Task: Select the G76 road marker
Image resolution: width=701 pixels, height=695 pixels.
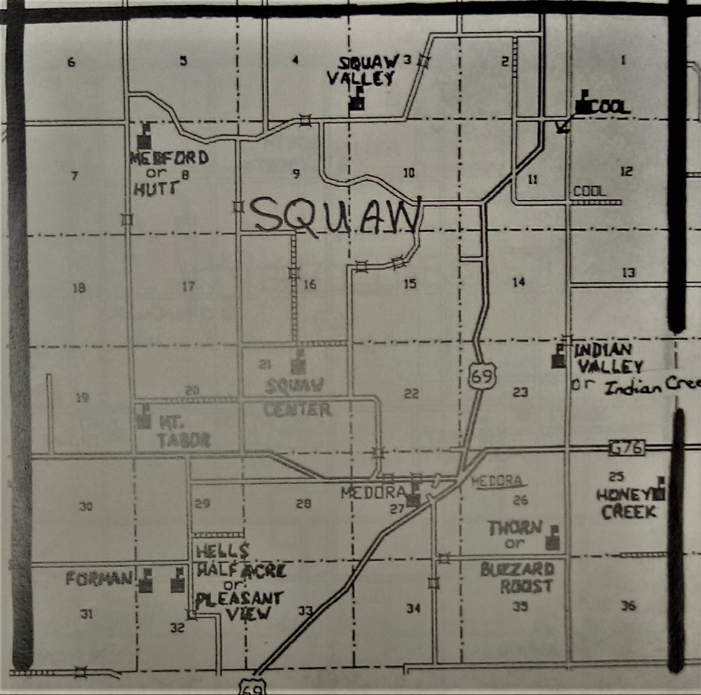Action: click(626, 448)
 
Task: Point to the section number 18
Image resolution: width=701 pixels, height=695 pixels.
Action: click(79, 288)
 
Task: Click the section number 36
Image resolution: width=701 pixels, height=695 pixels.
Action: click(628, 606)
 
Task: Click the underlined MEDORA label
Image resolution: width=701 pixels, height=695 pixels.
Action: click(496, 481)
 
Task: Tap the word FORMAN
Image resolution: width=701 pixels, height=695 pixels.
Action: click(99, 579)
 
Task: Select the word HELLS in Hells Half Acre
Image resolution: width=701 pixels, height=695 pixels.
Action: click(223, 550)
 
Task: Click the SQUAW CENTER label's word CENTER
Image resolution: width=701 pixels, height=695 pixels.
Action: click(297, 409)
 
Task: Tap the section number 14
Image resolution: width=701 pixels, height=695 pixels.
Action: click(519, 282)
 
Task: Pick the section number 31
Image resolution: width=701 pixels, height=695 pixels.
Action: click(87, 614)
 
